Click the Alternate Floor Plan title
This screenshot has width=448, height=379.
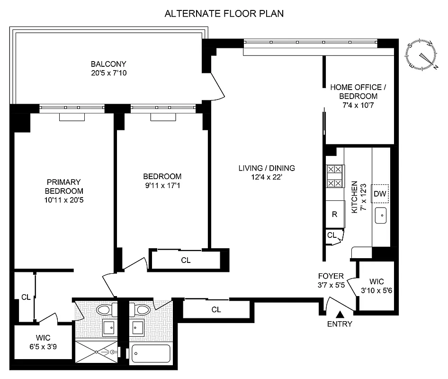coord(224,13)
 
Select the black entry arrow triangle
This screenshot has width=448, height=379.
coord(340,314)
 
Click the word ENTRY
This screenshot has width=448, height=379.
coord(340,324)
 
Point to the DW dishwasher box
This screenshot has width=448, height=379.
coord(379,193)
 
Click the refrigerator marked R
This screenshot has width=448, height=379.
coord(334,214)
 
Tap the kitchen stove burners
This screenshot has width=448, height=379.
coord(334,176)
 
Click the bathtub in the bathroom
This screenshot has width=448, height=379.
coord(151,354)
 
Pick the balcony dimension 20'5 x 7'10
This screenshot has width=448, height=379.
coord(109,73)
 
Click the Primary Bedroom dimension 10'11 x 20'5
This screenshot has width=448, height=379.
coord(64,200)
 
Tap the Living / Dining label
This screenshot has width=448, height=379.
coord(267,168)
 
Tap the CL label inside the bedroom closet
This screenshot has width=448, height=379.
coord(186,260)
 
